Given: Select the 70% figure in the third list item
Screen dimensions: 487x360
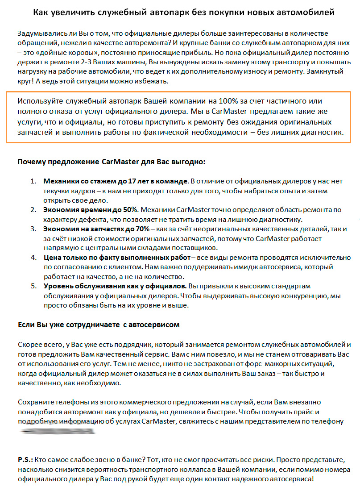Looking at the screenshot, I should click(140, 229).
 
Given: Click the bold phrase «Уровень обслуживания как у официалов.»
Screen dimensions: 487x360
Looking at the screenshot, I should click(115, 286).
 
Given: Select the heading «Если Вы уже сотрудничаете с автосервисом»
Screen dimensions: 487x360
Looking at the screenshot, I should click(98, 325).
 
